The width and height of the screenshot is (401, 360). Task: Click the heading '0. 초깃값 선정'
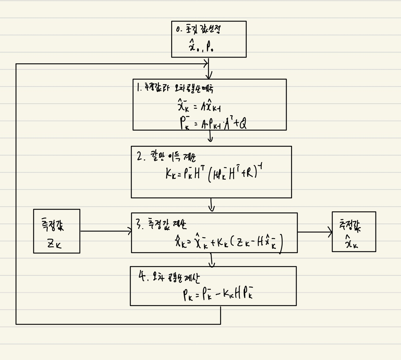(198, 30)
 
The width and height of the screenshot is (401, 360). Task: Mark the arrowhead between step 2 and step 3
(211, 209)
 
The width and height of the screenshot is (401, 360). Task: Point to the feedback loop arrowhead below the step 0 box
(206, 64)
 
